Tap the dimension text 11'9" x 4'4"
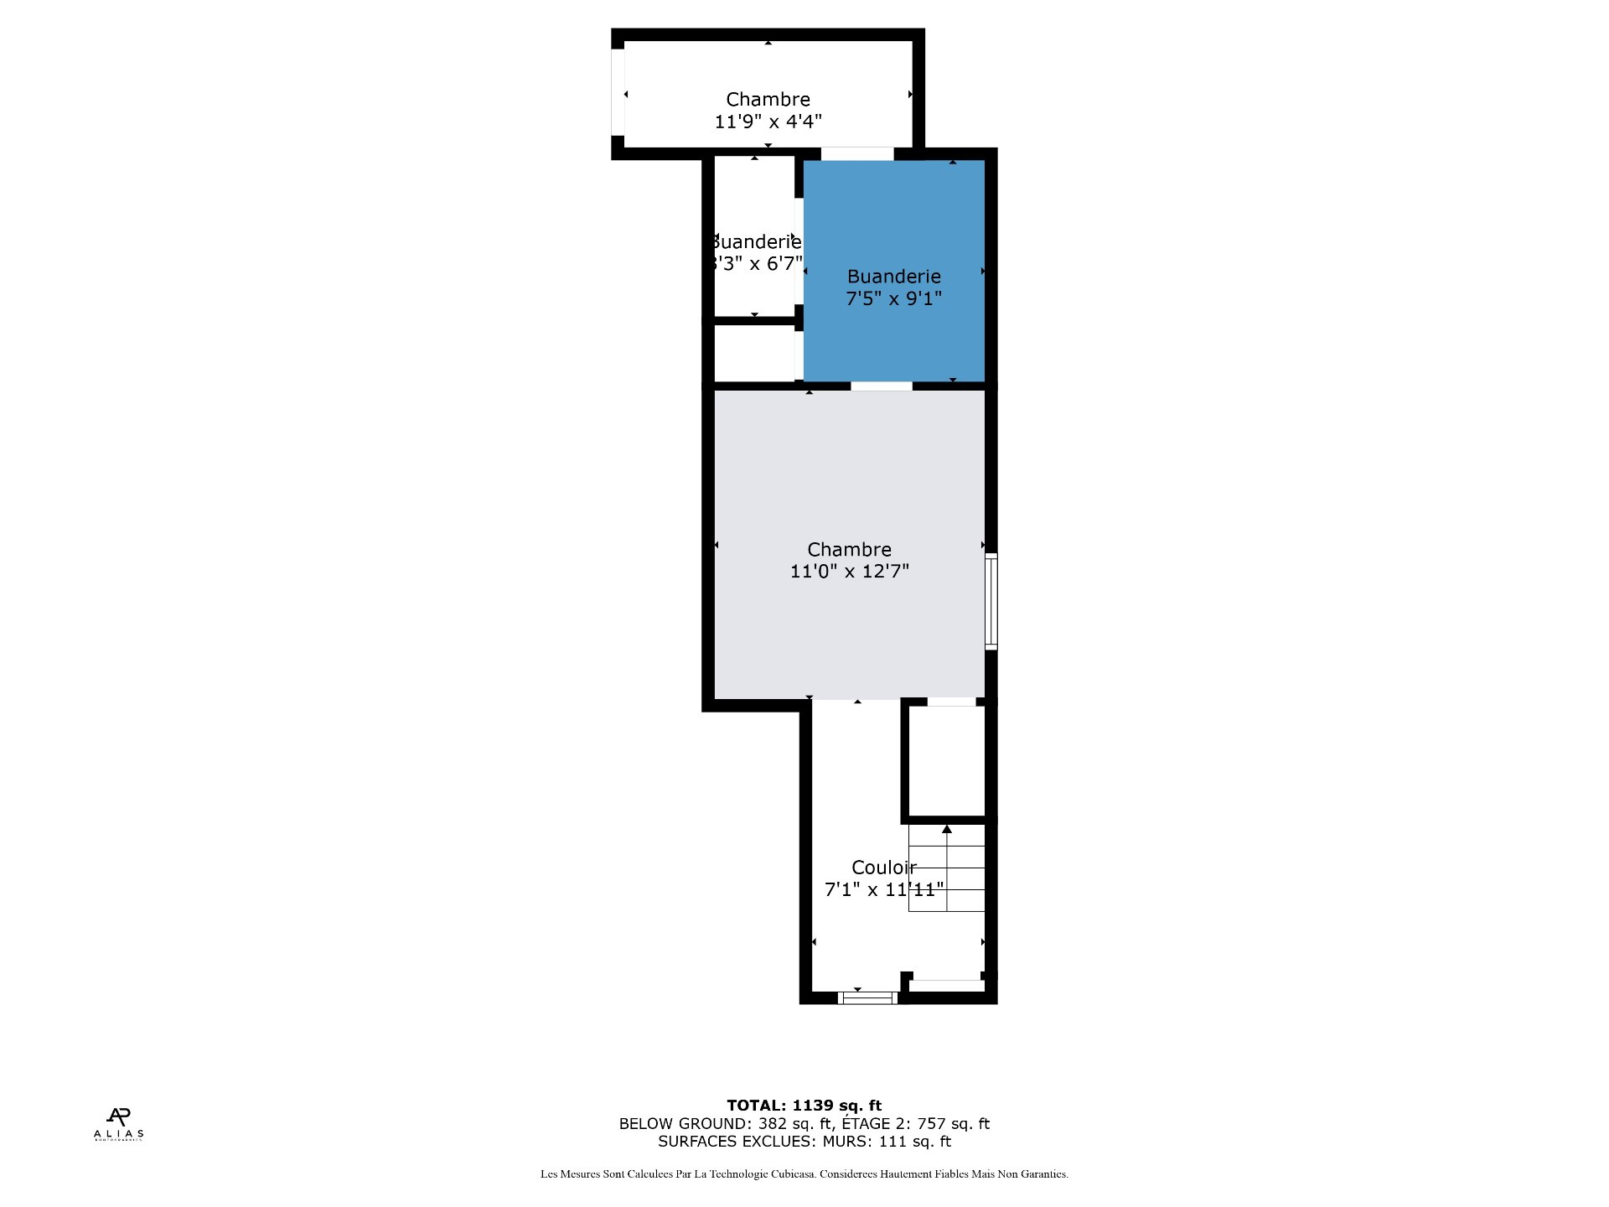tap(768, 122)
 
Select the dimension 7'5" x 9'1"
tap(893, 298)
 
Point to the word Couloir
tap(883, 868)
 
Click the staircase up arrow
tap(947, 830)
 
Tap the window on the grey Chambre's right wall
tap(991, 601)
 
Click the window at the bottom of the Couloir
tap(867, 997)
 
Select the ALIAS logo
tap(118, 1124)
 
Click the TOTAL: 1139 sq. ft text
tap(804, 1106)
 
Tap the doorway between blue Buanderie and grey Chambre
tap(882, 386)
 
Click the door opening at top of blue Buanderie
tap(856, 153)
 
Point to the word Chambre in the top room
tap(768, 100)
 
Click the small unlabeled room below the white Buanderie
tap(754, 353)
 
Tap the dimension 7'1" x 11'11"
tap(883, 889)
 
